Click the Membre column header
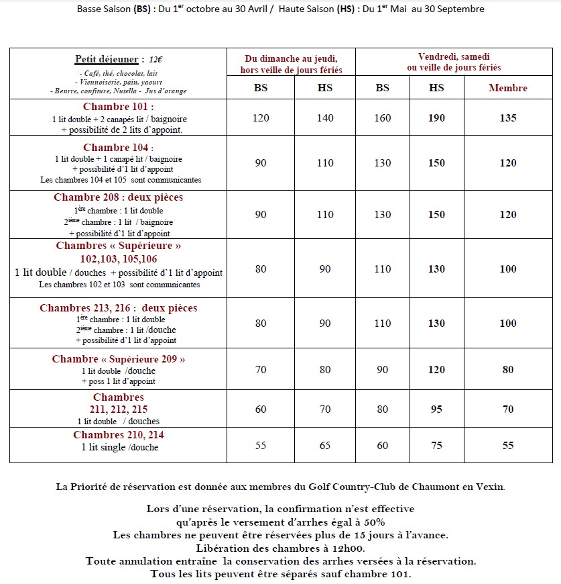[x=507, y=88]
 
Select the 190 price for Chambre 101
[x=436, y=118]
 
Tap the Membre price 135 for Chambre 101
[x=507, y=118]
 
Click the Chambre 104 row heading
[x=118, y=148]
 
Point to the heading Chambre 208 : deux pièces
[x=118, y=197]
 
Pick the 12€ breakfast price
[x=155, y=59]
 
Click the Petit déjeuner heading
[x=108, y=59]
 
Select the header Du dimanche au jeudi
[x=291, y=58]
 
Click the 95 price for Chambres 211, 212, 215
[x=436, y=409]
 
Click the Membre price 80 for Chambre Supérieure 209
[x=507, y=369]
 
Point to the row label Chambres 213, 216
[x=118, y=308]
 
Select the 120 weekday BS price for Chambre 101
[x=261, y=118]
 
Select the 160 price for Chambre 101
[x=382, y=118]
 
